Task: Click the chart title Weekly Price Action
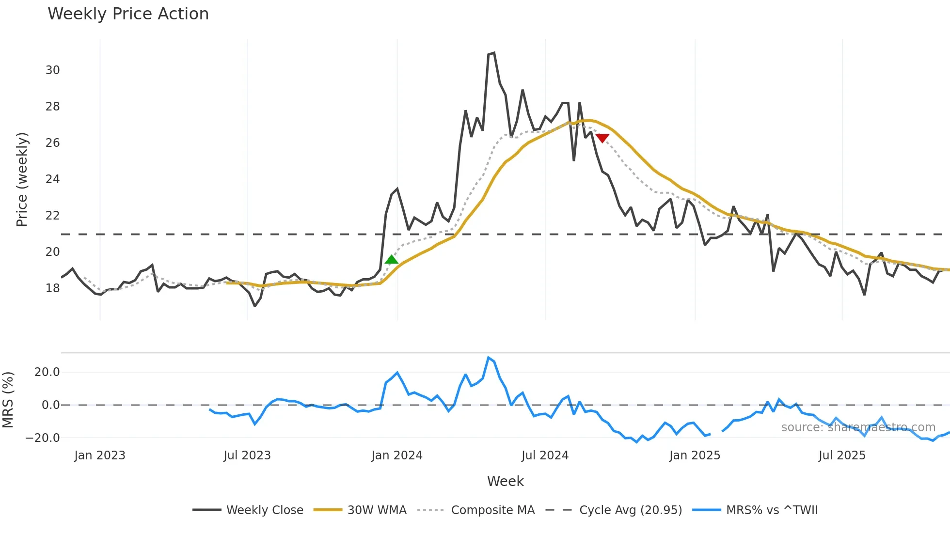pyautogui.click(x=128, y=14)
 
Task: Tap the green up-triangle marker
pyautogui.click(x=391, y=260)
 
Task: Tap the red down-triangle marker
pyautogui.click(x=602, y=138)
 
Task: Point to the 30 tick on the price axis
pyautogui.click(x=53, y=70)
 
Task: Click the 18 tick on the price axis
pyautogui.click(x=53, y=288)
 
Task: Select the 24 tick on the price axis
pyautogui.click(x=53, y=179)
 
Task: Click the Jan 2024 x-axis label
pyautogui.click(x=397, y=455)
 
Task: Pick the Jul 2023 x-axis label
pyautogui.click(x=247, y=455)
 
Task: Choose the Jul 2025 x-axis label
pyautogui.click(x=842, y=455)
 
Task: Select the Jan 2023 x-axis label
pyautogui.click(x=100, y=455)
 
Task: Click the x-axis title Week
pyautogui.click(x=505, y=481)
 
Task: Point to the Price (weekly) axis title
pyautogui.click(x=22, y=179)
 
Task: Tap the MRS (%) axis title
pyautogui.click(x=8, y=400)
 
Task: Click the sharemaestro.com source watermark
pyautogui.click(x=858, y=427)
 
